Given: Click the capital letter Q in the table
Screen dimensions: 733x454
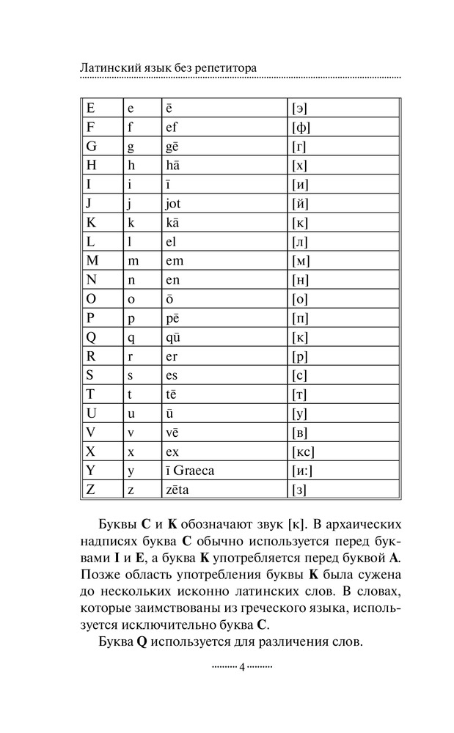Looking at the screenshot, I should tap(92, 337).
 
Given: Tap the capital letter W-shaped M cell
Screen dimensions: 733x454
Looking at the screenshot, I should tap(92, 261).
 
